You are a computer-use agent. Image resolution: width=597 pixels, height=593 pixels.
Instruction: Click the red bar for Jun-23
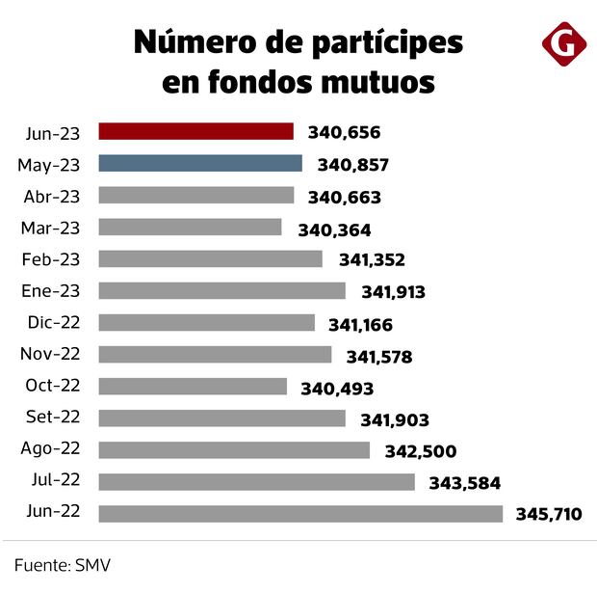195,132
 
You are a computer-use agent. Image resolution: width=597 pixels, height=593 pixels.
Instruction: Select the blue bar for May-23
200,164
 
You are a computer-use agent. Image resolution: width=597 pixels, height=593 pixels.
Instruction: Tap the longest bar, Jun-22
300,514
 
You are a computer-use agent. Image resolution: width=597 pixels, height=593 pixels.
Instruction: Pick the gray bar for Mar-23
190,228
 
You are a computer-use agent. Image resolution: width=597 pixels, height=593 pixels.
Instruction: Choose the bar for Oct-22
193,387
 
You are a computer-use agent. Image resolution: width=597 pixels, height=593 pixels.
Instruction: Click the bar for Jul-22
256,482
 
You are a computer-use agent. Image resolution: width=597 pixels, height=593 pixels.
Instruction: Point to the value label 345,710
549,515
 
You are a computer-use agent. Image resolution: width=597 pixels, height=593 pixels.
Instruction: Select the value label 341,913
393,292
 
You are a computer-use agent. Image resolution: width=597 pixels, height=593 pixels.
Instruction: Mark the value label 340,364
334,229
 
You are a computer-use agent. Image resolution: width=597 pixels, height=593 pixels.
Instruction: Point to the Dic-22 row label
54,323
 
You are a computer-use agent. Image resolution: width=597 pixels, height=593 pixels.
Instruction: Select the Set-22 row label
54,418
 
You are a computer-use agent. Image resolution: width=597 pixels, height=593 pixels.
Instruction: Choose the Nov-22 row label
52,354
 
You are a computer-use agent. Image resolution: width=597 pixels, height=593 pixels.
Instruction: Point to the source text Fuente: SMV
63,563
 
